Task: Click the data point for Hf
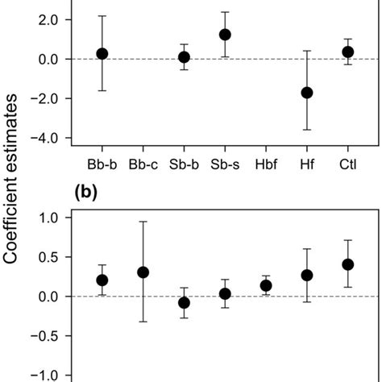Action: point(307,93)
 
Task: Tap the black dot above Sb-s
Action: point(225,35)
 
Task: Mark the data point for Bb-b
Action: point(102,53)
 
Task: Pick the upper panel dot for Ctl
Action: point(348,52)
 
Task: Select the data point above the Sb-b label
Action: point(184,57)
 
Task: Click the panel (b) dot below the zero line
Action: point(184,303)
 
